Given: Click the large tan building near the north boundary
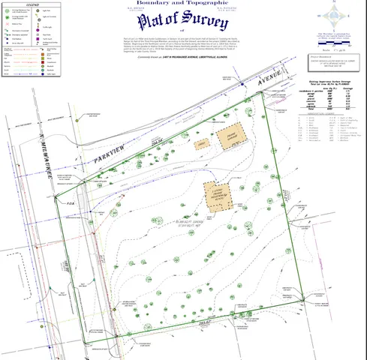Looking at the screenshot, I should point(231,134).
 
